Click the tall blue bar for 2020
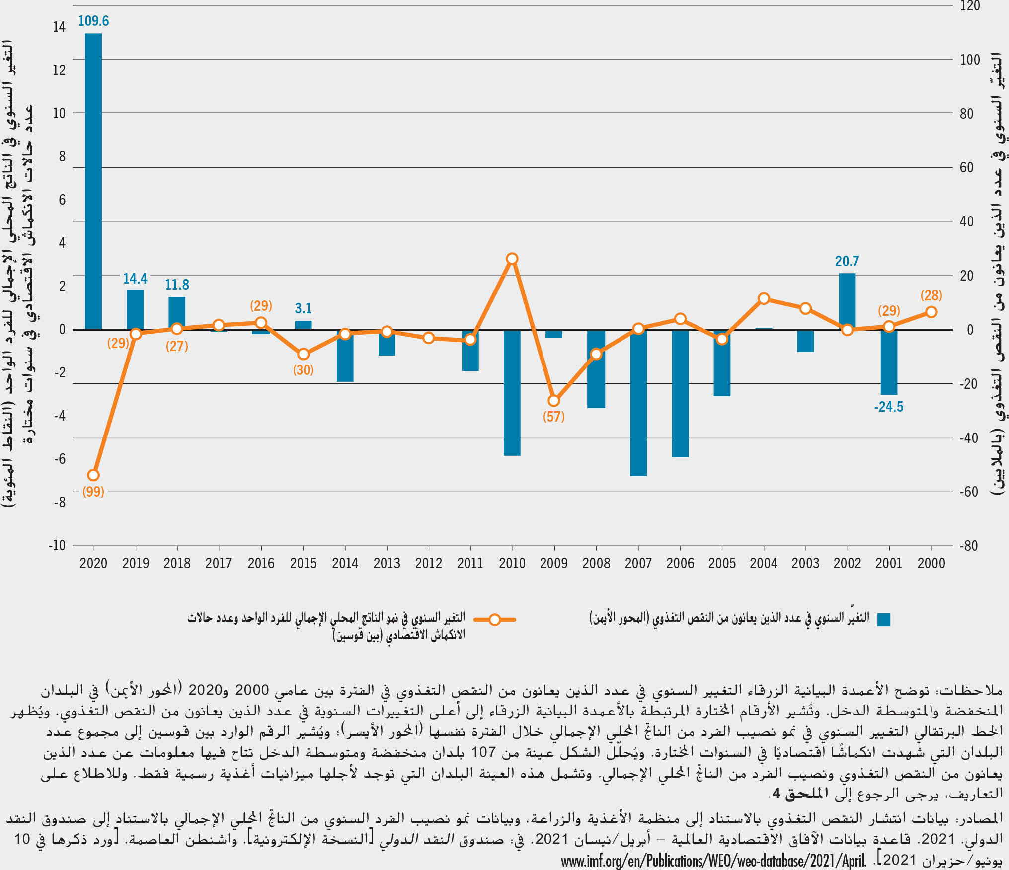pos(93,181)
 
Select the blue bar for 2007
pos(638,402)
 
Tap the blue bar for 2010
pos(512,392)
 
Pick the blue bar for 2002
pos(847,301)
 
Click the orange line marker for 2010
pos(512,259)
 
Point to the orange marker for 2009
pos(554,401)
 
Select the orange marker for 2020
pos(93,475)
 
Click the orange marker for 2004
pos(764,298)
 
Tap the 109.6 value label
pos(93,21)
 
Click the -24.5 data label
pos(889,407)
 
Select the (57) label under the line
pos(554,416)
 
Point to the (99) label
pos(93,492)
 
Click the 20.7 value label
pos(847,261)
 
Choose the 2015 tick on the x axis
pos(303,563)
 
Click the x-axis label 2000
pos(931,563)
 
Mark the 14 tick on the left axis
pos(59,27)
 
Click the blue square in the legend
pos(884,619)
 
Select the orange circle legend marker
pos(495,620)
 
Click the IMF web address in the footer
pos(714,861)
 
